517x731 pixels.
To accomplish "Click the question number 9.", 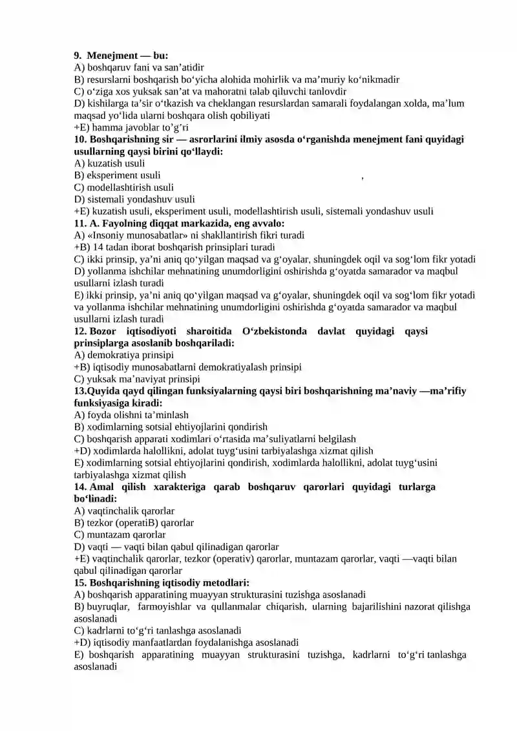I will (78, 56).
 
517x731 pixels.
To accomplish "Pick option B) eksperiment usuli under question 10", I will (118, 175).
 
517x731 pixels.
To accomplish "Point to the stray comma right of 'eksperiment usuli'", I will (363, 178).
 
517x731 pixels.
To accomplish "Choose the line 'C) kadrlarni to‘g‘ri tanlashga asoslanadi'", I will (158, 630).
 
